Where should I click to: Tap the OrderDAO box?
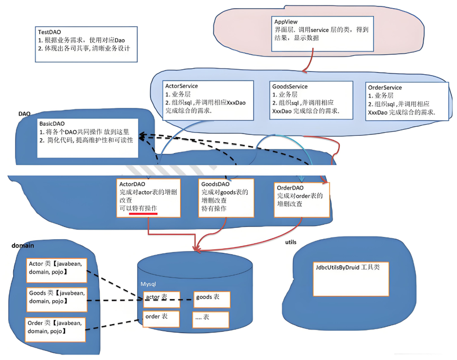click(x=302, y=199)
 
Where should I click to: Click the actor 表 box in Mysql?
click(x=161, y=299)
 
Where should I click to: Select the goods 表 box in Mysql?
click(x=211, y=299)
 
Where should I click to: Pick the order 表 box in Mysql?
click(x=161, y=318)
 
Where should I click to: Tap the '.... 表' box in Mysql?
click(x=211, y=318)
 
